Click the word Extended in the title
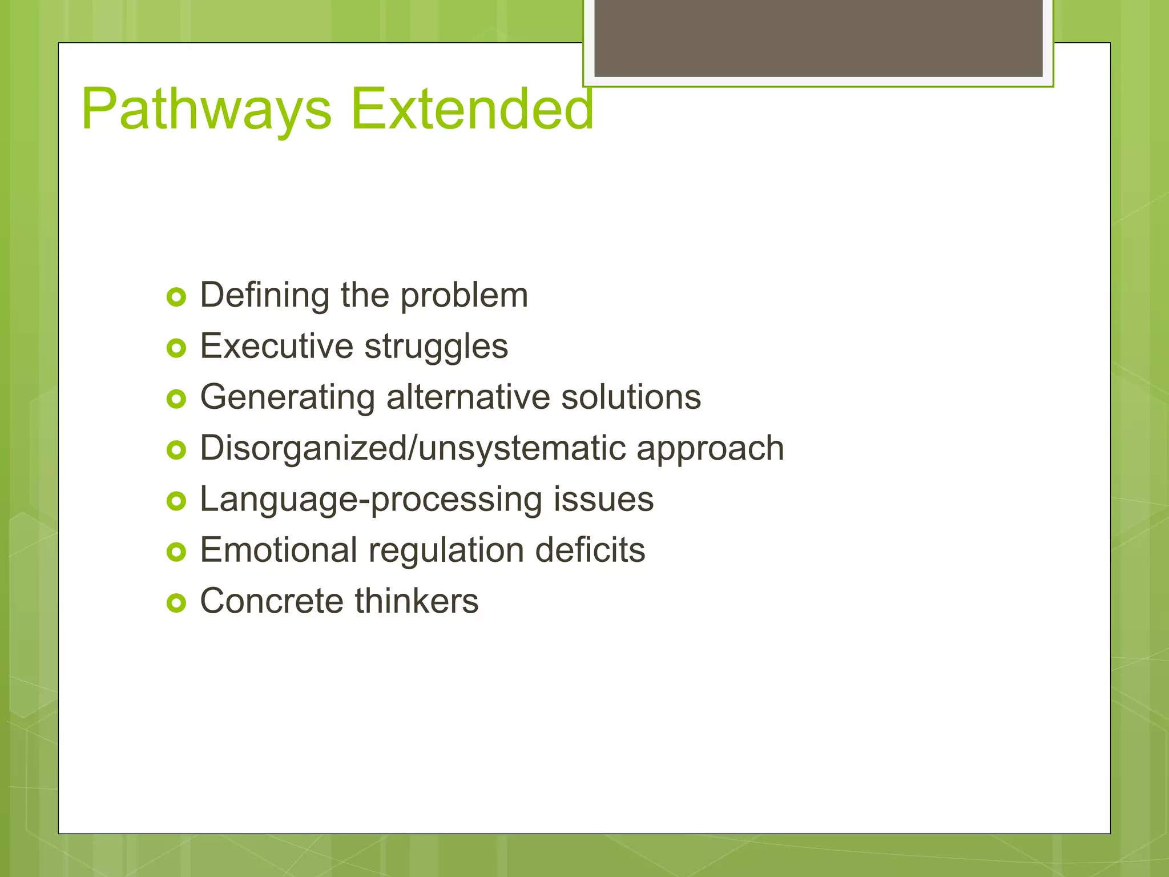(472, 108)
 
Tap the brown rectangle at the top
(818, 38)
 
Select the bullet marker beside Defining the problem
(176, 297)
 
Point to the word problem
(463, 296)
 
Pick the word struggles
(436, 347)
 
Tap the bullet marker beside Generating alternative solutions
(176, 399)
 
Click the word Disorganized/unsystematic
(414, 448)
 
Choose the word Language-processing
(370, 500)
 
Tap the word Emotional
(278, 550)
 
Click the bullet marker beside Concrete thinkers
(176, 603)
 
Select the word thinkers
(417, 601)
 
